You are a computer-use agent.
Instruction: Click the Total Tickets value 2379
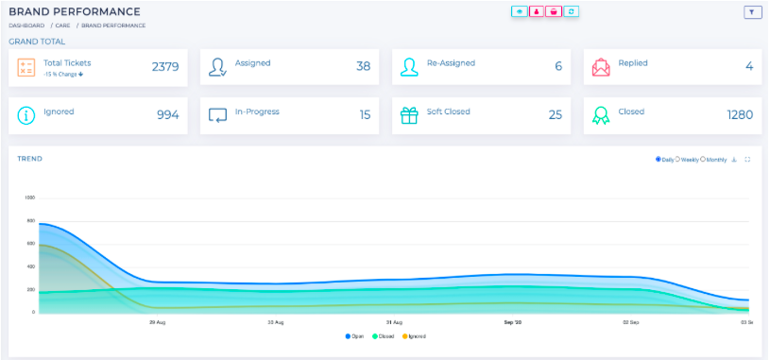pyautogui.click(x=165, y=66)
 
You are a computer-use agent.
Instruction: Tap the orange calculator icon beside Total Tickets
pyautogui.click(x=27, y=67)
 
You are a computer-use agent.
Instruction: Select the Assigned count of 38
pyautogui.click(x=363, y=66)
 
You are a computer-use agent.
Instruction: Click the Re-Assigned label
pyautogui.click(x=451, y=63)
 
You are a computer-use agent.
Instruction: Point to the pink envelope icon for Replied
pyautogui.click(x=601, y=67)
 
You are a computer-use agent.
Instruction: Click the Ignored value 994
pyautogui.click(x=167, y=114)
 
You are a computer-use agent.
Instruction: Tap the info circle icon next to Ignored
pyautogui.click(x=27, y=114)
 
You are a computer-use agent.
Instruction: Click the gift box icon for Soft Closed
pyautogui.click(x=408, y=114)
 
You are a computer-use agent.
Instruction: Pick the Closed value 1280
pyautogui.click(x=740, y=114)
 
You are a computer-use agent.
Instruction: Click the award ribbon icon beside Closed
pyautogui.click(x=601, y=114)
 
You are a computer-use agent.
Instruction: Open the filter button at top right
pyautogui.click(x=752, y=12)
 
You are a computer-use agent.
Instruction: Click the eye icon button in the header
pyautogui.click(x=519, y=12)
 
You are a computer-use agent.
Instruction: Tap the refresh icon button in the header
pyautogui.click(x=572, y=12)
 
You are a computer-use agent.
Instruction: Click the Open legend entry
pyautogui.click(x=355, y=336)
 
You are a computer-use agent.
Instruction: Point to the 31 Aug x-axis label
pyautogui.click(x=394, y=322)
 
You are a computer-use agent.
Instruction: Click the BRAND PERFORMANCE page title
pyautogui.click(x=75, y=11)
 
